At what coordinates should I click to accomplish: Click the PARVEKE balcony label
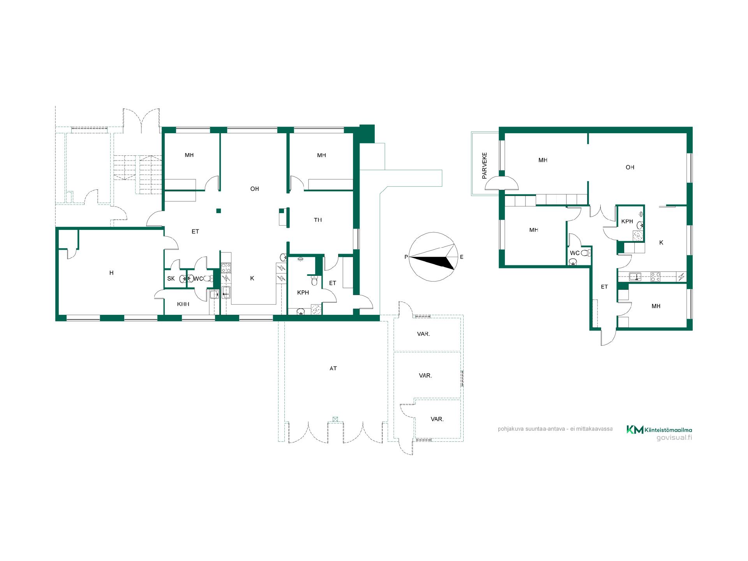click(x=485, y=166)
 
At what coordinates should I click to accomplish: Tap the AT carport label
click(x=333, y=368)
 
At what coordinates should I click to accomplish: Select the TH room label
click(x=318, y=220)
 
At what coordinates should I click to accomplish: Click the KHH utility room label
click(x=183, y=304)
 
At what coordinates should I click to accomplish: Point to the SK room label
click(x=171, y=279)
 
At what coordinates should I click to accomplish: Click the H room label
click(x=111, y=273)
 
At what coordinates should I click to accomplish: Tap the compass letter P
click(x=406, y=257)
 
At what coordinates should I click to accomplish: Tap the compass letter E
click(x=462, y=257)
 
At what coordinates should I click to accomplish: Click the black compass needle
click(x=432, y=263)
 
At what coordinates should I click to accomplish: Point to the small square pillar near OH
click(x=219, y=211)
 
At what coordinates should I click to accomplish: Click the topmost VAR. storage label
click(x=423, y=334)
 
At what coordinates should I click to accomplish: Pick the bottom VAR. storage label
click(x=437, y=419)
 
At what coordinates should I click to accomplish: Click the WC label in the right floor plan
click(x=575, y=253)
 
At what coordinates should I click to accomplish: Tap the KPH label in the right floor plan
click(x=627, y=221)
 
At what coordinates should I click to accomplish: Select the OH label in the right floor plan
click(x=630, y=167)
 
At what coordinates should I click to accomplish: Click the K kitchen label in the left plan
click(x=252, y=278)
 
